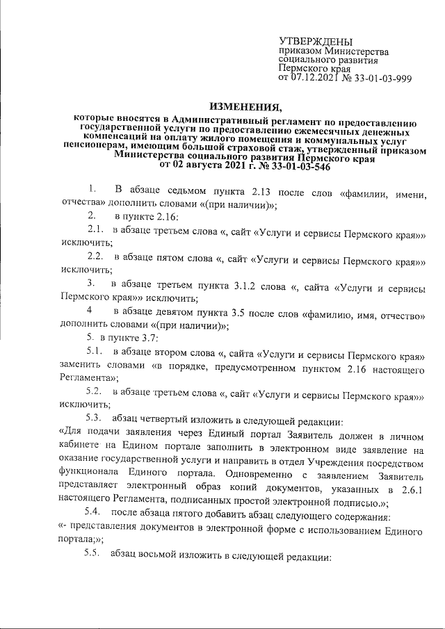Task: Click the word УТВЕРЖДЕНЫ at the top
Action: [x=315, y=42]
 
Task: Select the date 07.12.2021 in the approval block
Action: [x=313, y=78]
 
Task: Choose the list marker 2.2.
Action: [x=95, y=256]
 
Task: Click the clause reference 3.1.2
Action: [x=250, y=284]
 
